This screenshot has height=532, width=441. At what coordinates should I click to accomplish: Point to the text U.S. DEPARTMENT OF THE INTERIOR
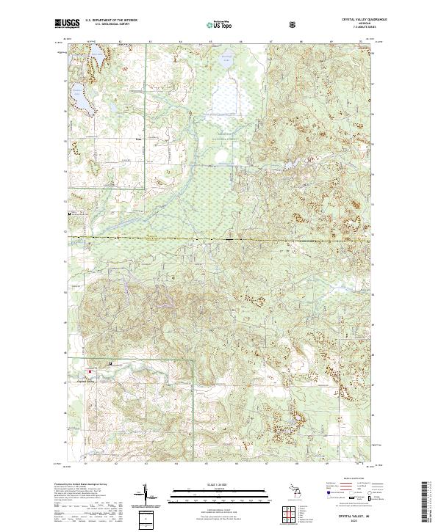(x=112, y=20)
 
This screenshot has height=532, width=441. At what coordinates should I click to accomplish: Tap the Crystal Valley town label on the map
(x=86, y=380)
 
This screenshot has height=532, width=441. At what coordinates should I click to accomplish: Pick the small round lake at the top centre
(x=227, y=58)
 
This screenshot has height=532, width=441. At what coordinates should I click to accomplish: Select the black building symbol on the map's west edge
(x=70, y=213)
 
